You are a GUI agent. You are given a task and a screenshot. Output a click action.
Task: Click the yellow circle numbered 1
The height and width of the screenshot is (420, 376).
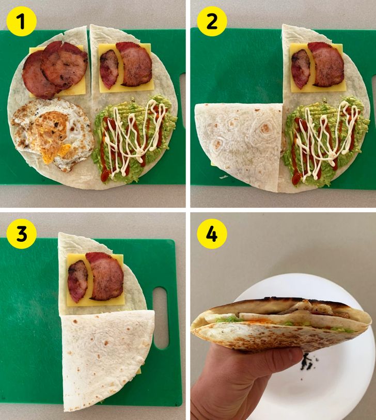pyautogui.click(x=21, y=21)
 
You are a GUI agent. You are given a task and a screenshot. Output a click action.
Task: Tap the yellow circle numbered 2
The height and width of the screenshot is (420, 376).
pyautogui.click(x=212, y=21)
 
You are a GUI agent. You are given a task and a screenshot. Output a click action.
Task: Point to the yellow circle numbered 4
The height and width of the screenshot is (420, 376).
pyautogui.click(x=212, y=234)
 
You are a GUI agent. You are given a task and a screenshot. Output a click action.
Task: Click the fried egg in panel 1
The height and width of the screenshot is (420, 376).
pyautogui.click(x=53, y=134)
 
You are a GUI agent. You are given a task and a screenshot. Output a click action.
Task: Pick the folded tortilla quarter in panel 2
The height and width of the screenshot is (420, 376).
pyautogui.click(x=238, y=146)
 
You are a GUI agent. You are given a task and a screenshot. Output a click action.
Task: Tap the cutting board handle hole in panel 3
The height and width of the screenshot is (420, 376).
pyautogui.click(x=161, y=318)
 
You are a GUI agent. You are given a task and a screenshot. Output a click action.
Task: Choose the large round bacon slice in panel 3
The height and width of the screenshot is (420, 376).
pyautogui.click(x=106, y=276)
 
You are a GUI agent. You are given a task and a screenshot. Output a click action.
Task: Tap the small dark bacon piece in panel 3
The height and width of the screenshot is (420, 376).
pyautogui.click(x=77, y=281)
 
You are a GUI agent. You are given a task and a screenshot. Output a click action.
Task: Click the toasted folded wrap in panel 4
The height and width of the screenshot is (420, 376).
pyautogui.click(x=281, y=324)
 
